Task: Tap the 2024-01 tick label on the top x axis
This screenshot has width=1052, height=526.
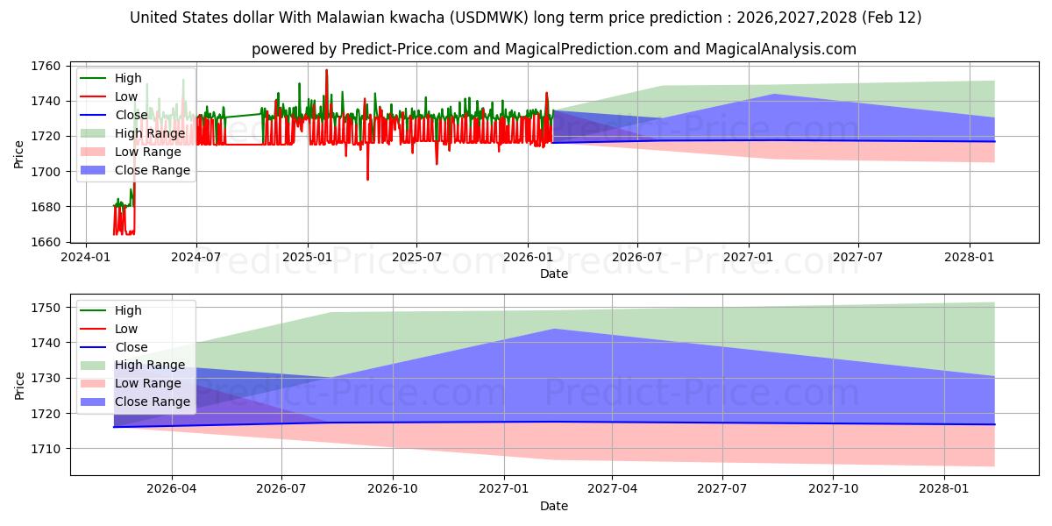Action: tap(85, 257)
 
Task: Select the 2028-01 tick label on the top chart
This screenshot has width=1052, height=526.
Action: tap(970, 257)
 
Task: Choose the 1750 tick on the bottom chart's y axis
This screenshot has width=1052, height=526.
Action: tap(48, 308)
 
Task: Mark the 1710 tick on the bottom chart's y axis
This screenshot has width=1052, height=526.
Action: tap(48, 449)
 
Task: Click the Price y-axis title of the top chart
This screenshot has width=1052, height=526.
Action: tap(19, 153)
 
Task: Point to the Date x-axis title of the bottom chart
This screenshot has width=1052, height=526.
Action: tap(553, 506)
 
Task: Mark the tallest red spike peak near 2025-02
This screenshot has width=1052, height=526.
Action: tap(327, 70)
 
